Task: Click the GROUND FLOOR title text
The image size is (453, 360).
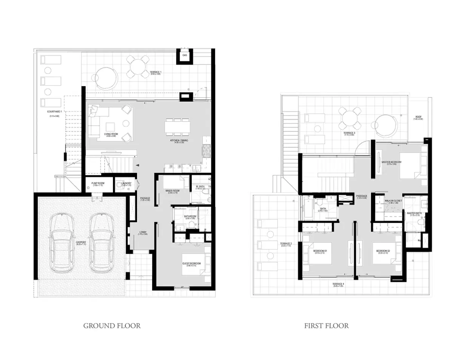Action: [x=112, y=325]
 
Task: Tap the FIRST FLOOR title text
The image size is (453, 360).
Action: [x=326, y=325]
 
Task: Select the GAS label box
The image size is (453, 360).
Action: [x=185, y=55]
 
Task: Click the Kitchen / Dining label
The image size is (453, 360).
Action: [x=181, y=140]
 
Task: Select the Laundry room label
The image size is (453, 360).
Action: [x=126, y=183]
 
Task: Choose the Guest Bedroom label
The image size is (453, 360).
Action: [x=191, y=264]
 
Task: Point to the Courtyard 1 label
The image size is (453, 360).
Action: [x=55, y=112]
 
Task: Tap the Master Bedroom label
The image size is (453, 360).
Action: [x=391, y=162]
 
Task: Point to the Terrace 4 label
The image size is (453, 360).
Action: [x=338, y=284]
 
